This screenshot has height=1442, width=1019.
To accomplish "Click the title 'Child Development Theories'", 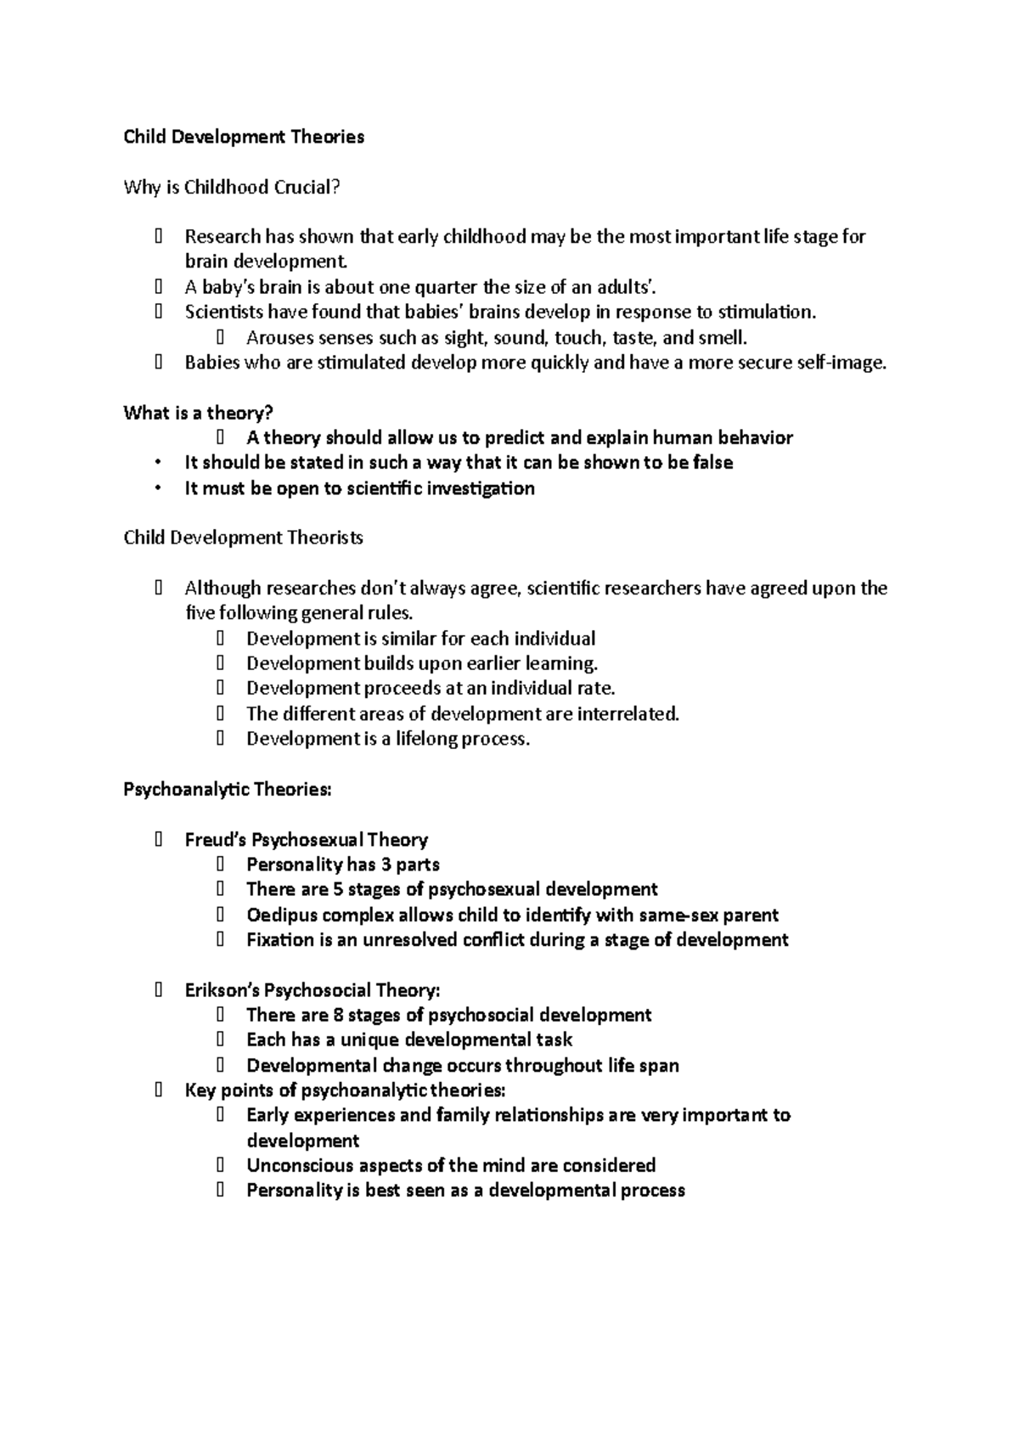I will pos(244,137).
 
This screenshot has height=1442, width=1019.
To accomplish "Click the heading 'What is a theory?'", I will pos(198,413).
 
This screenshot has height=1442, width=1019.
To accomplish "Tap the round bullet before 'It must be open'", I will pos(158,488).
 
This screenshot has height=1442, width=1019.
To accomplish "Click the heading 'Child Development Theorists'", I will pos(243,538).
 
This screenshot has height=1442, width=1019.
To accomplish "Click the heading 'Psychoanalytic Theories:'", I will pos(227,789).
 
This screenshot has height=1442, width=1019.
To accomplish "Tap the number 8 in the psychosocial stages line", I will pos(336,1015).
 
